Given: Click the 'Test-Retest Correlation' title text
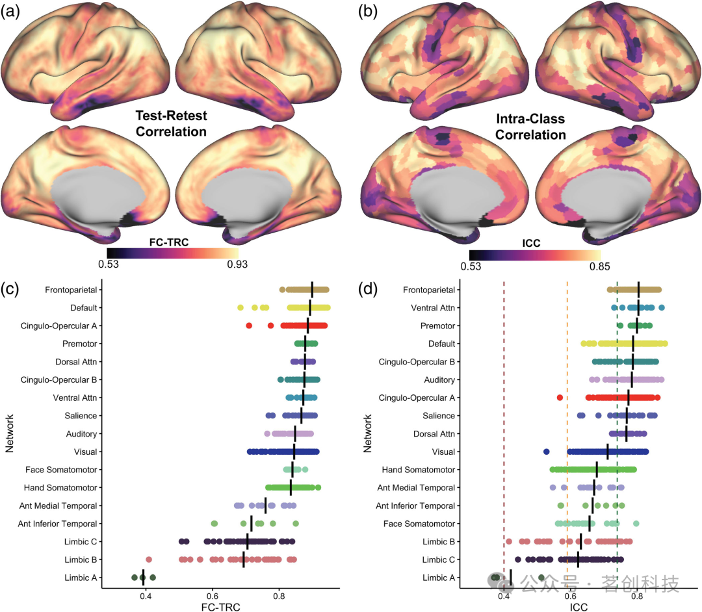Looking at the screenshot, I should [x=171, y=123].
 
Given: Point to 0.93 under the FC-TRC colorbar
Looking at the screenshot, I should [x=236, y=264].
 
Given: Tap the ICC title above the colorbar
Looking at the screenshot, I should [x=532, y=244].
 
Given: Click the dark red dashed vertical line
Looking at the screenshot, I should [x=504, y=422].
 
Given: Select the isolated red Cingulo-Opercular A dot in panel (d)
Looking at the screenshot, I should [x=560, y=398].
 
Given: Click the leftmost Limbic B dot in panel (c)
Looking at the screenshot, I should [x=149, y=559].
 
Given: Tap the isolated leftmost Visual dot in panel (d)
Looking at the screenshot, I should [x=547, y=452].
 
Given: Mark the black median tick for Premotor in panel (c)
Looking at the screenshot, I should [x=305, y=344].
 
